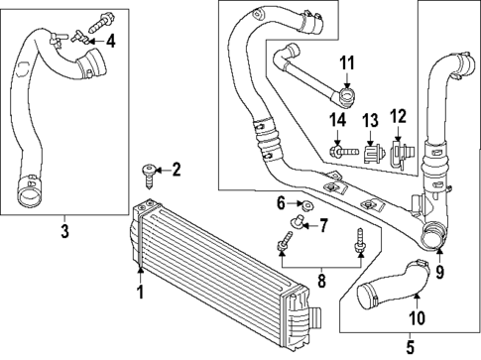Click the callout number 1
[141, 293]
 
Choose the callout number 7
[322, 225]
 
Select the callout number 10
[417, 317]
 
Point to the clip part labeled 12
[402, 154]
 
